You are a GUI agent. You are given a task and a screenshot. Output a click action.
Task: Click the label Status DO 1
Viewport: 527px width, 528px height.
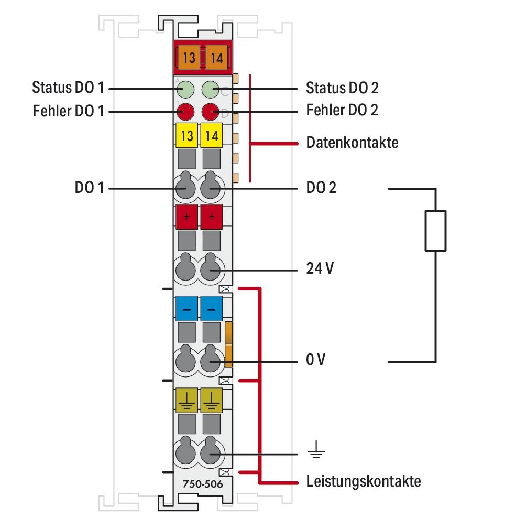pyautogui.click(x=68, y=87)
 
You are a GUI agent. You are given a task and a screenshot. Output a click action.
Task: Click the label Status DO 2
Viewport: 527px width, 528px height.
pyautogui.click(x=342, y=88)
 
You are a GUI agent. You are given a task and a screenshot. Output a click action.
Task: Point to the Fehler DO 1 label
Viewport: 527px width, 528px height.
pyautogui.click(x=68, y=112)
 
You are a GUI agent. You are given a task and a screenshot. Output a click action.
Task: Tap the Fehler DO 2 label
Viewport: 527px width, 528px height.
pyautogui.click(x=342, y=111)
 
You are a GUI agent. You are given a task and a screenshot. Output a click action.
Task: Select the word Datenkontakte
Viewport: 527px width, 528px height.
pyautogui.click(x=352, y=142)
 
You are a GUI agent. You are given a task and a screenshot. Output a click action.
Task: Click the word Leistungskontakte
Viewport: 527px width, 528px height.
pyautogui.click(x=363, y=481)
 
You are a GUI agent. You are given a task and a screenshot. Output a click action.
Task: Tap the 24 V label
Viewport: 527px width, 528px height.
pyautogui.click(x=319, y=269)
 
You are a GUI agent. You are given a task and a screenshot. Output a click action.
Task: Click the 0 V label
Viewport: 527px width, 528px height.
pyautogui.click(x=316, y=361)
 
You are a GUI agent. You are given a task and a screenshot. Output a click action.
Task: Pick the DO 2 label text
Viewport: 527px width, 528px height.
pyautogui.click(x=321, y=188)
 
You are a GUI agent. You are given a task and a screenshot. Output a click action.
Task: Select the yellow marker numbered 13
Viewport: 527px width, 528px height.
pyautogui.click(x=186, y=136)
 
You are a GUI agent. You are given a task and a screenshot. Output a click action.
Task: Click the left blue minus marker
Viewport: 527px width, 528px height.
pyautogui.click(x=186, y=309)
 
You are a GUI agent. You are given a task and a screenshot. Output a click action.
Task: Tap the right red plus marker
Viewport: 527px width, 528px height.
pyautogui.click(x=212, y=217)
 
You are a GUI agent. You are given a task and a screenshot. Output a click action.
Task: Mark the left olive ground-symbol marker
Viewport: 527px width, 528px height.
pyautogui.click(x=186, y=401)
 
